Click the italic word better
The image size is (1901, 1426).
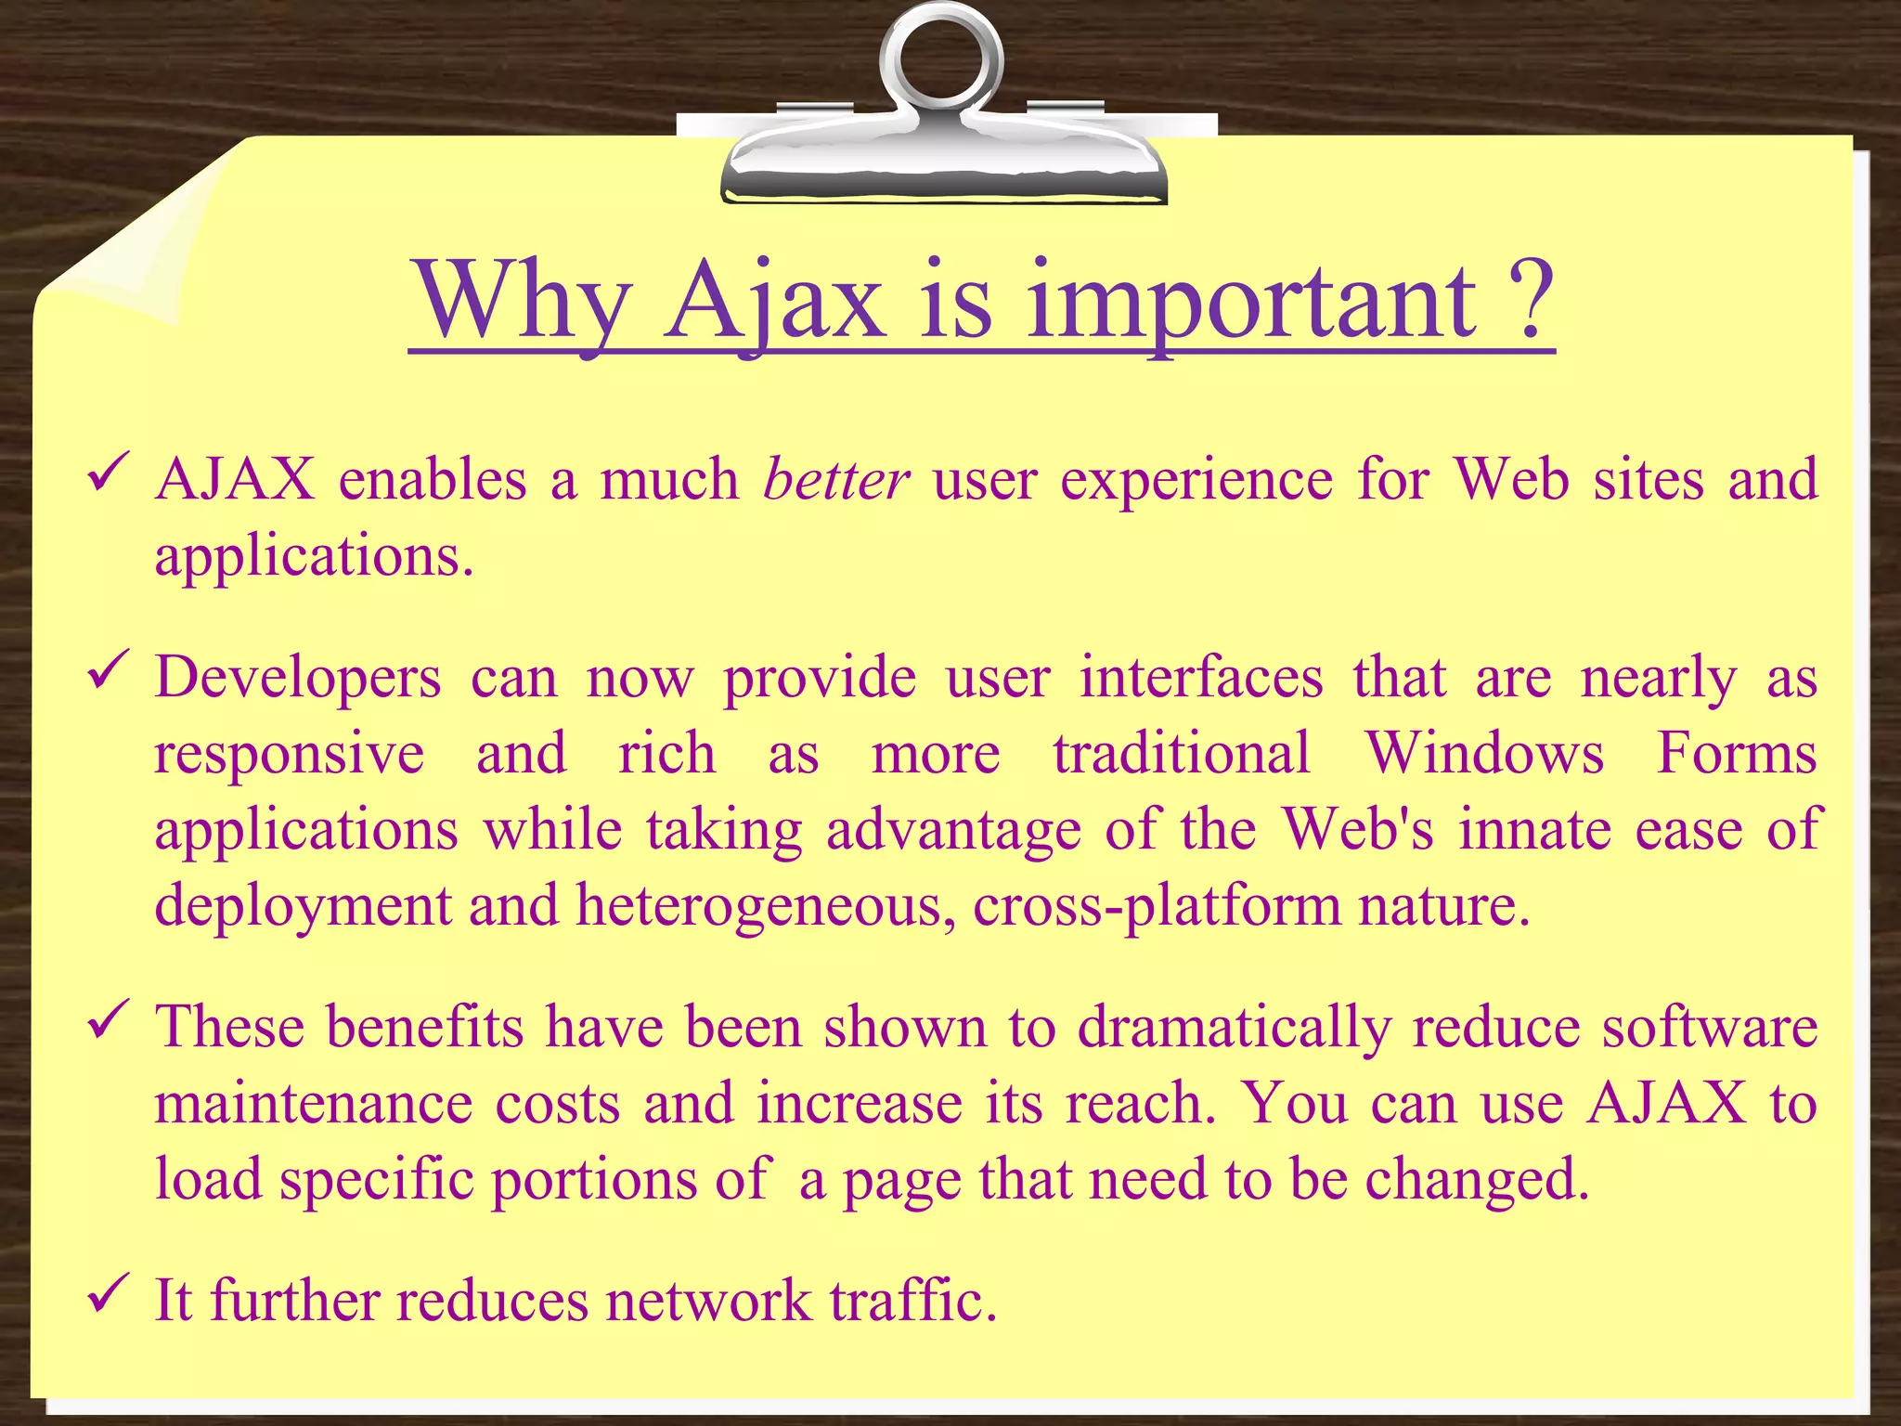835,481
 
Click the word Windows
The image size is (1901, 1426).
1483,753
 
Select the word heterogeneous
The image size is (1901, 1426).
765,905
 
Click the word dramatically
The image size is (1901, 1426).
1234,1028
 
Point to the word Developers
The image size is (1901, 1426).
297,678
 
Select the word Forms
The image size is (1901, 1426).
1736,753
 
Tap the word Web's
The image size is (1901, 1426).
1357,829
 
